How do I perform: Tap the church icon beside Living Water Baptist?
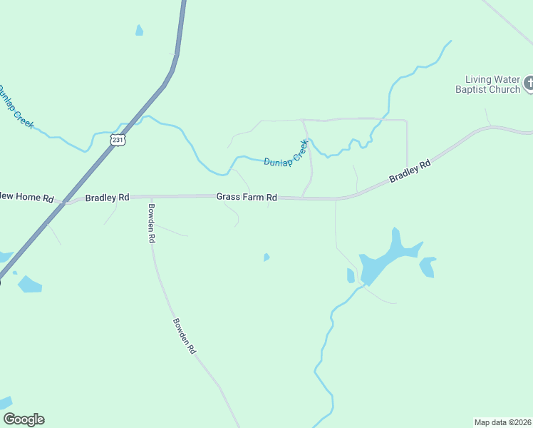[x=529, y=83]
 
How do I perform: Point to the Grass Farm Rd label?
[x=247, y=197]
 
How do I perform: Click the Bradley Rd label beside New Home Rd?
[x=107, y=197]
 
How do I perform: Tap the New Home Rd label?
[x=26, y=197]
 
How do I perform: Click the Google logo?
[x=24, y=419]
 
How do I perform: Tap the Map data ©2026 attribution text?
[x=502, y=422]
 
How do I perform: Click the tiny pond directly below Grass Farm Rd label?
[x=266, y=257]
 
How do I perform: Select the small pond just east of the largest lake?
[x=428, y=267]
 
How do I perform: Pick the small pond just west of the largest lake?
[x=351, y=275]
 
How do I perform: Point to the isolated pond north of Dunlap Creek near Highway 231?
[x=139, y=31]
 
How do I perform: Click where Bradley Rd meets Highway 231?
[x=63, y=203]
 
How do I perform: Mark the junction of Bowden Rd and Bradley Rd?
[x=151, y=197]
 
